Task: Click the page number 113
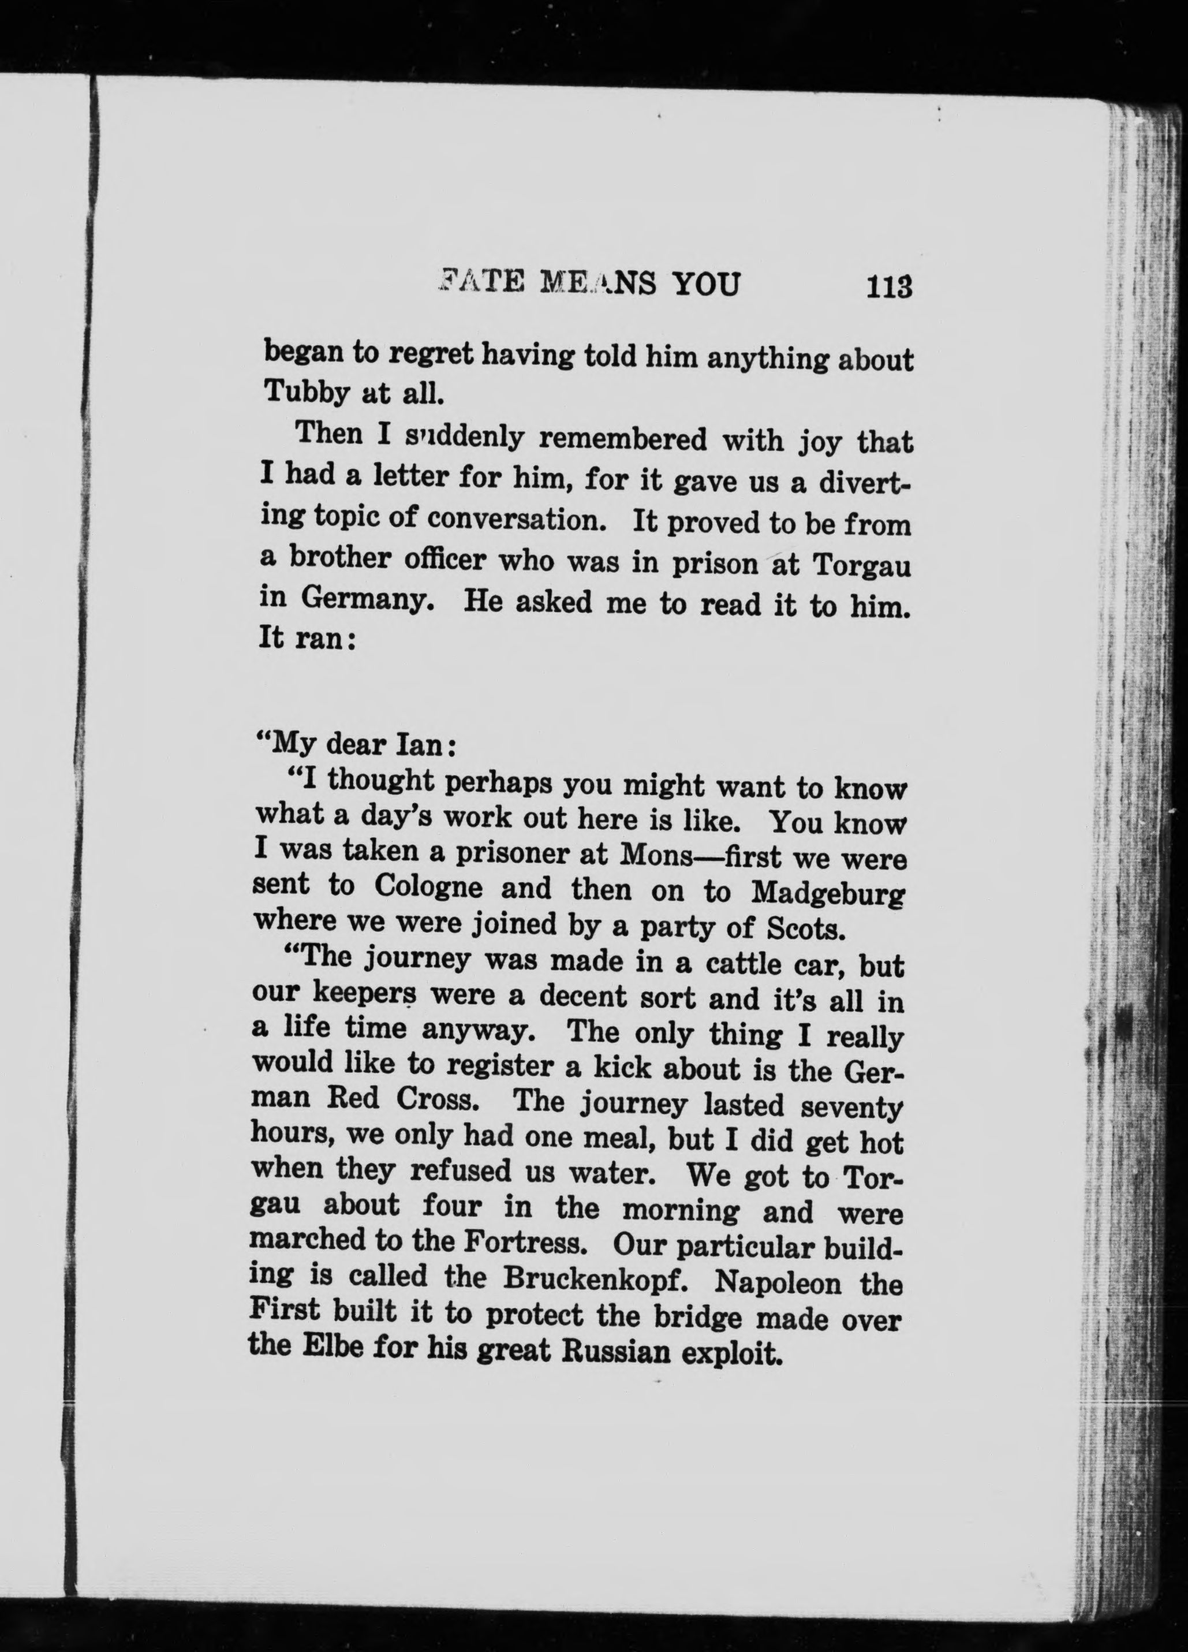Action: tap(890, 286)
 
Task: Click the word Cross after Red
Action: tap(437, 1098)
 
